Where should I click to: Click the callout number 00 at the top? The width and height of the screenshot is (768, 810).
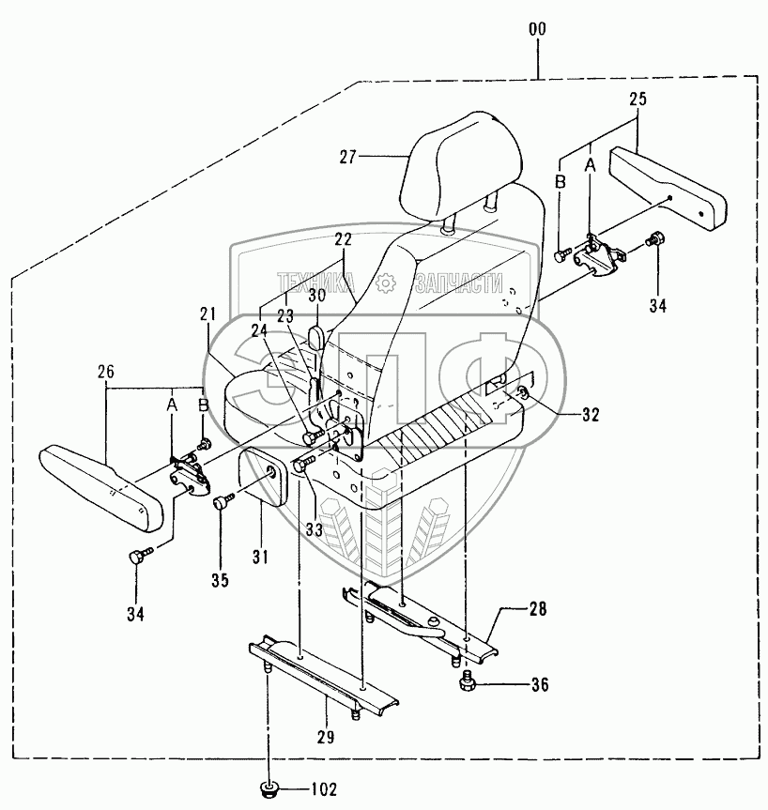(x=537, y=30)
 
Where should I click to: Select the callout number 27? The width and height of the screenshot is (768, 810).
(x=349, y=158)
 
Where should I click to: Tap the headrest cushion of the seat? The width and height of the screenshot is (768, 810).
(x=451, y=169)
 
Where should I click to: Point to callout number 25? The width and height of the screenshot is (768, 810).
(x=638, y=99)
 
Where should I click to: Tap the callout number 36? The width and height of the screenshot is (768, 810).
(x=539, y=684)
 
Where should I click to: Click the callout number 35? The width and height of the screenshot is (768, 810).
(x=220, y=580)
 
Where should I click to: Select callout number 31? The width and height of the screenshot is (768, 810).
(x=260, y=557)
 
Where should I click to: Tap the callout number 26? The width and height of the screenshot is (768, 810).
(x=105, y=372)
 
